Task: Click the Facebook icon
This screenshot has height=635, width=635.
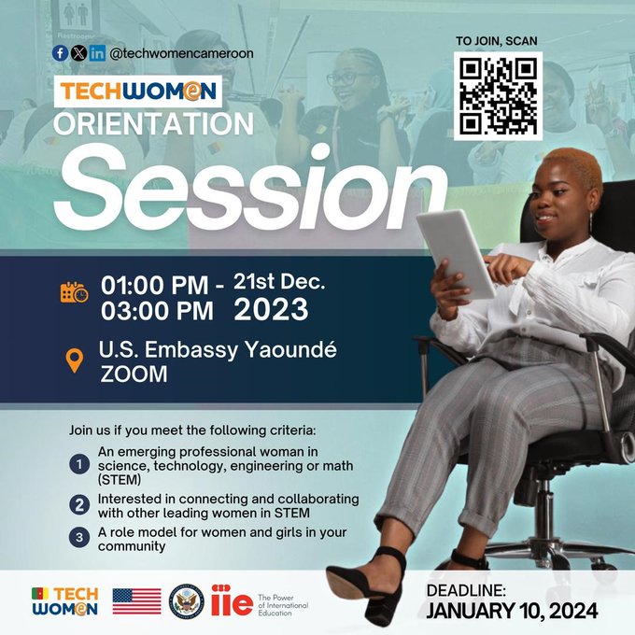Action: pyautogui.click(x=60, y=53)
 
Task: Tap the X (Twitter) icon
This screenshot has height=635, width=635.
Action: pyautogui.click(x=78, y=53)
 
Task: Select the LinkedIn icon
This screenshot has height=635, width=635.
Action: pyautogui.click(x=97, y=53)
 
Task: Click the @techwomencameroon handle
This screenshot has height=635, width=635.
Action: pyautogui.click(x=181, y=53)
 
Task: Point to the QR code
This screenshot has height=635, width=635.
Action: pyautogui.click(x=498, y=96)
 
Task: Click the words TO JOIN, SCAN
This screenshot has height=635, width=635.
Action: pyautogui.click(x=497, y=41)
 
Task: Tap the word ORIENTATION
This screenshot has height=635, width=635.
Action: pyautogui.click(x=153, y=123)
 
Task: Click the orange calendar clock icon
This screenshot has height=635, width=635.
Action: pyautogui.click(x=74, y=292)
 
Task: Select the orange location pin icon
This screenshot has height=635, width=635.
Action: pyautogui.click(x=75, y=360)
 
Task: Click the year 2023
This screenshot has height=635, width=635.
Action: pyautogui.click(x=271, y=309)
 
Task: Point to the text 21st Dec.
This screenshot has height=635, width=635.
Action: pyautogui.click(x=279, y=282)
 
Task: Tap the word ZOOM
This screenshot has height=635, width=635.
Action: pyautogui.click(x=134, y=374)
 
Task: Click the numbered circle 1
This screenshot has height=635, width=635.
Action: pyautogui.click(x=79, y=464)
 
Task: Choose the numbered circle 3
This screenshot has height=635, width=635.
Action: pyautogui.click(x=79, y=537)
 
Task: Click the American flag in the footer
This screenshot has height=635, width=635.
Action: pyautogui.click(x=137, y=601)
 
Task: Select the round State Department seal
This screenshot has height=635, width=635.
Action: pyautogui.click(x=186, y=601)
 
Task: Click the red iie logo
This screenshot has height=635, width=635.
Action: pyautogui.click(x=232, y=600)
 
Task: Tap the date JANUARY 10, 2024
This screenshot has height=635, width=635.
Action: pyautogui.click(x=512, y=611)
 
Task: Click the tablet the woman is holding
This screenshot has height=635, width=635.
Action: pyautogui.click(x=456, y=254)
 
